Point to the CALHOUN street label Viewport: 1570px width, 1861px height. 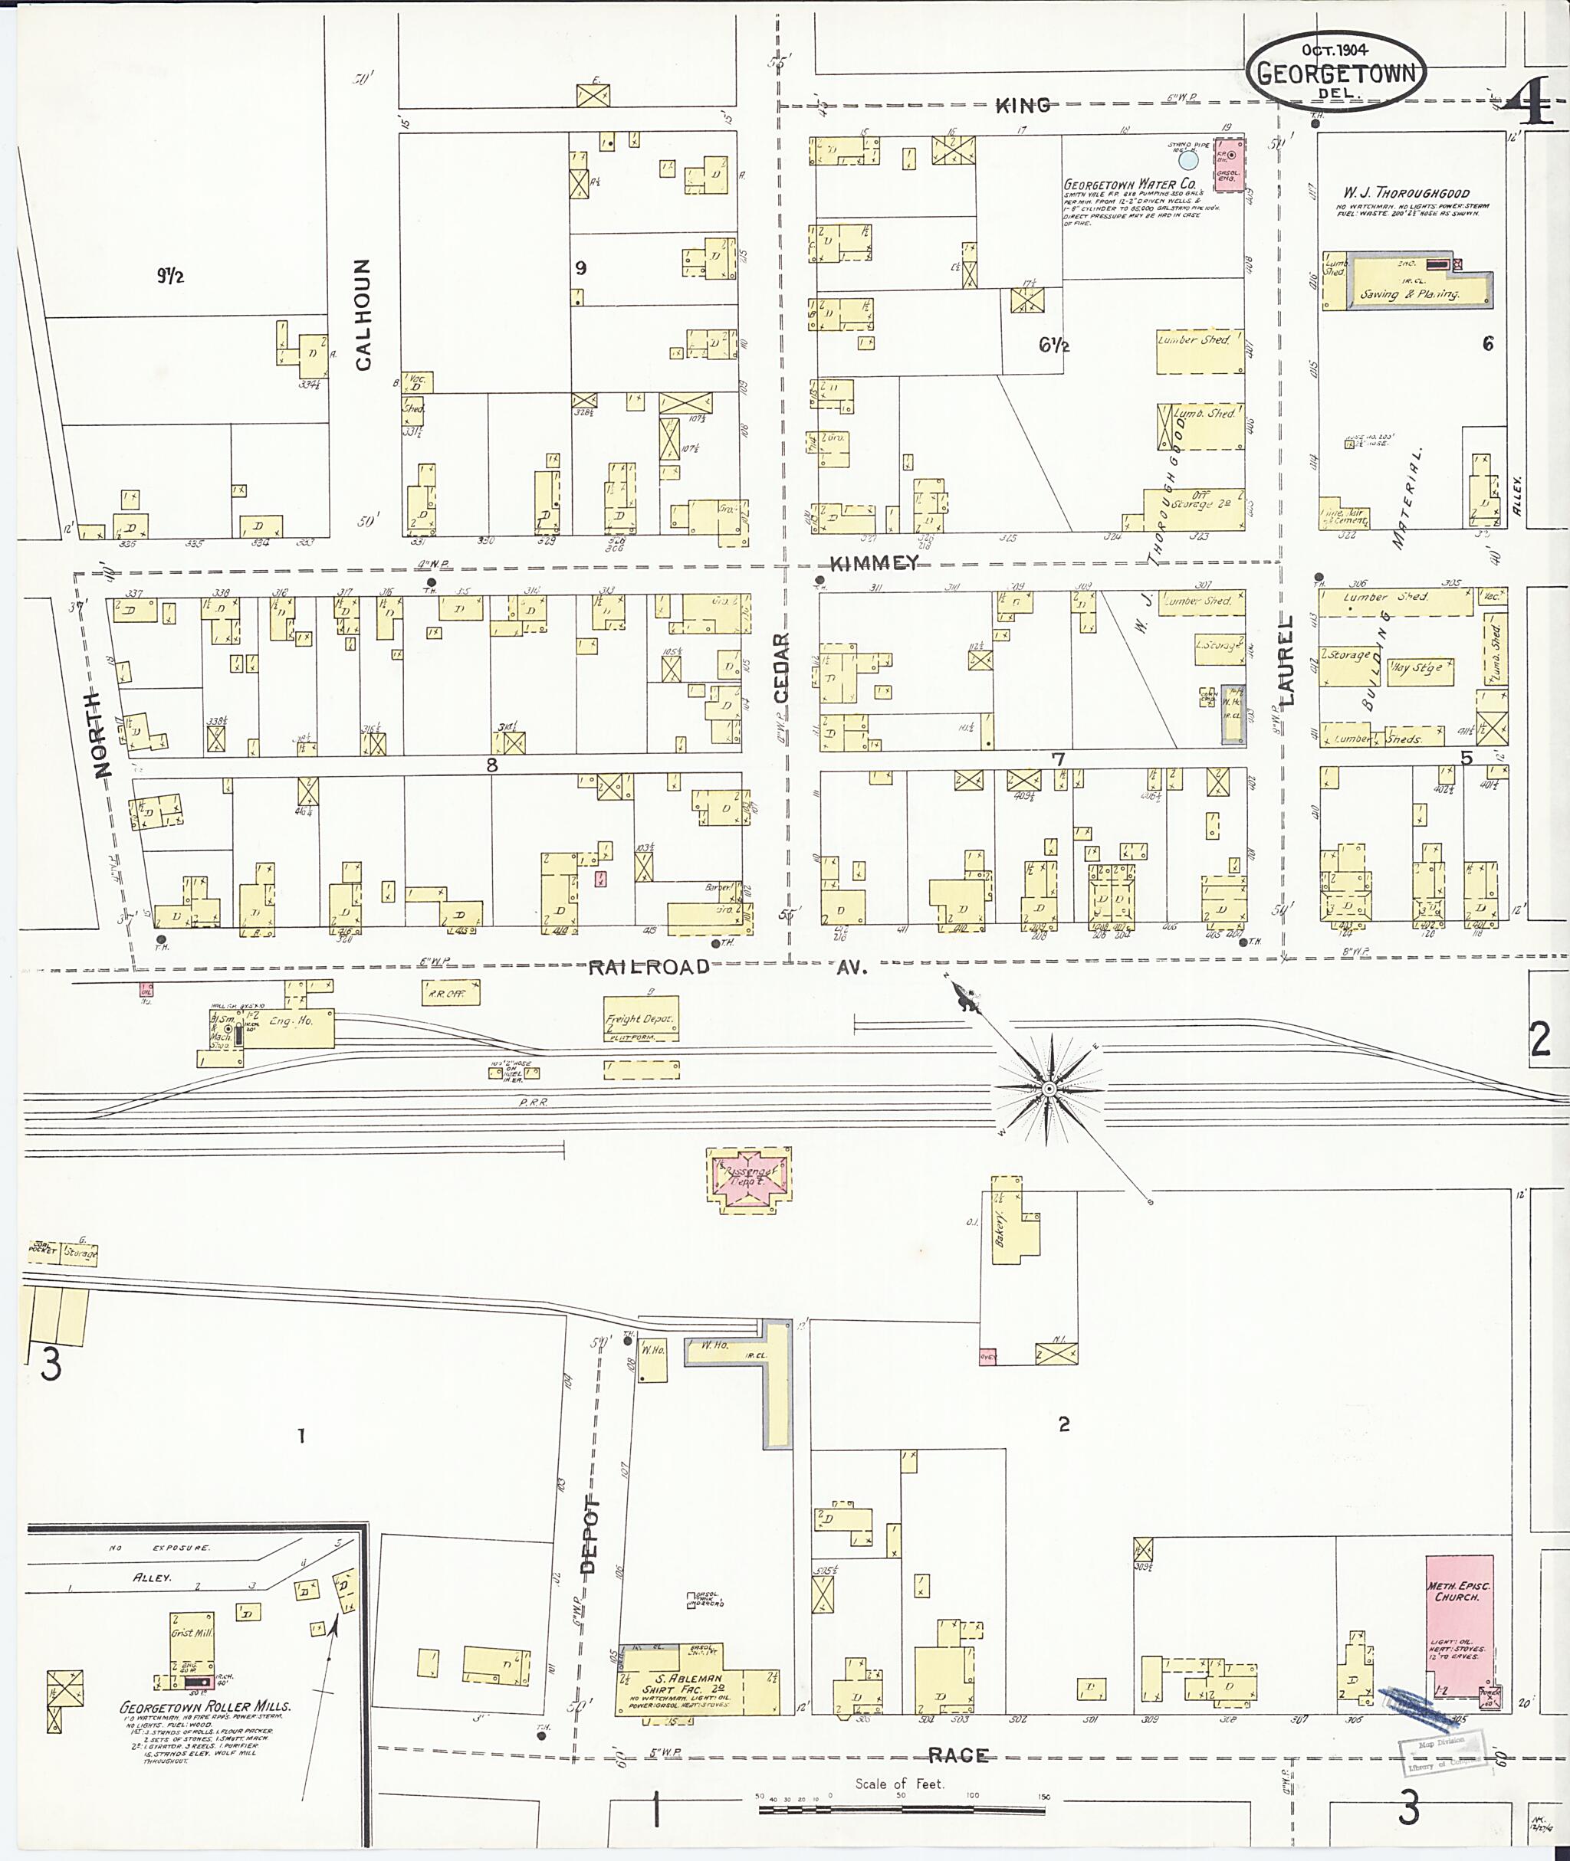point(363,314)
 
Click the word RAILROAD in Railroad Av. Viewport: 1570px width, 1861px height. point(649,967)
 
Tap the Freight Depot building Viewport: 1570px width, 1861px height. point(640,1021)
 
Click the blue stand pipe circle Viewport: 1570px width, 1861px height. point(1189,161)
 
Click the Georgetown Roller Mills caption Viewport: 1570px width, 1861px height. point(205,1707)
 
